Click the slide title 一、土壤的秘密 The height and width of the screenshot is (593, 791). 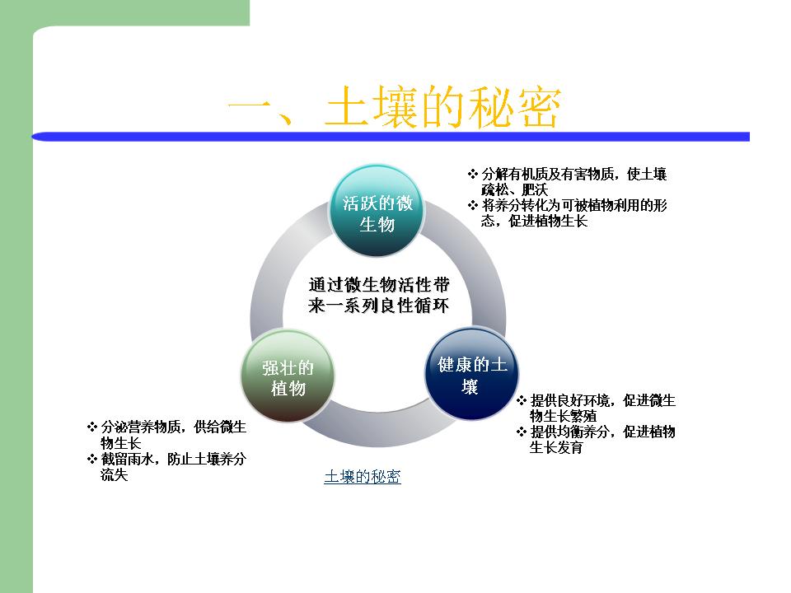[394, 107]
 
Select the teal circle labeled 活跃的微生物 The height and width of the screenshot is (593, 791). [377, 212]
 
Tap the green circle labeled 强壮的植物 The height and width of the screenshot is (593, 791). [288, 376]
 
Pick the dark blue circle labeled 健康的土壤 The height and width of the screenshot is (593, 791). [471, 374]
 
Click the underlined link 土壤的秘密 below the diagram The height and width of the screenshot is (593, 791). [363, 477]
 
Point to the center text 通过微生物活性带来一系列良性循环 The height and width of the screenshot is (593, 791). [378, 295]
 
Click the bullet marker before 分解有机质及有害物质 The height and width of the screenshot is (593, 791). [473, 175]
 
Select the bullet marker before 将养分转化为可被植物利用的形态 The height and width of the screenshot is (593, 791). [473, 206]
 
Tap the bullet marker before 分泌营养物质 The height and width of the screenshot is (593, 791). [91, 427]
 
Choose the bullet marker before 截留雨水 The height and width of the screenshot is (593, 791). [91, 459]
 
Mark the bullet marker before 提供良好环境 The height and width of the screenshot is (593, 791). [522, 401]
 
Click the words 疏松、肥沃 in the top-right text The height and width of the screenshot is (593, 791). [514, 190]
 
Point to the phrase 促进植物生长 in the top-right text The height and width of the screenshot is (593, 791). [549, 222]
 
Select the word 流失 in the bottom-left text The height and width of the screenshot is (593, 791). [114, 474]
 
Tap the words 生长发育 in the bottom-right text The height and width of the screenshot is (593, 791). [556, 447]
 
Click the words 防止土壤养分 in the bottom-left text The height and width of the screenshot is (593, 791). [207, 459]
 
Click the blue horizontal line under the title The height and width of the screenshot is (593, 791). [391, 137]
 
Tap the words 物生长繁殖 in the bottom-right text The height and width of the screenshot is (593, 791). [564, 416]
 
